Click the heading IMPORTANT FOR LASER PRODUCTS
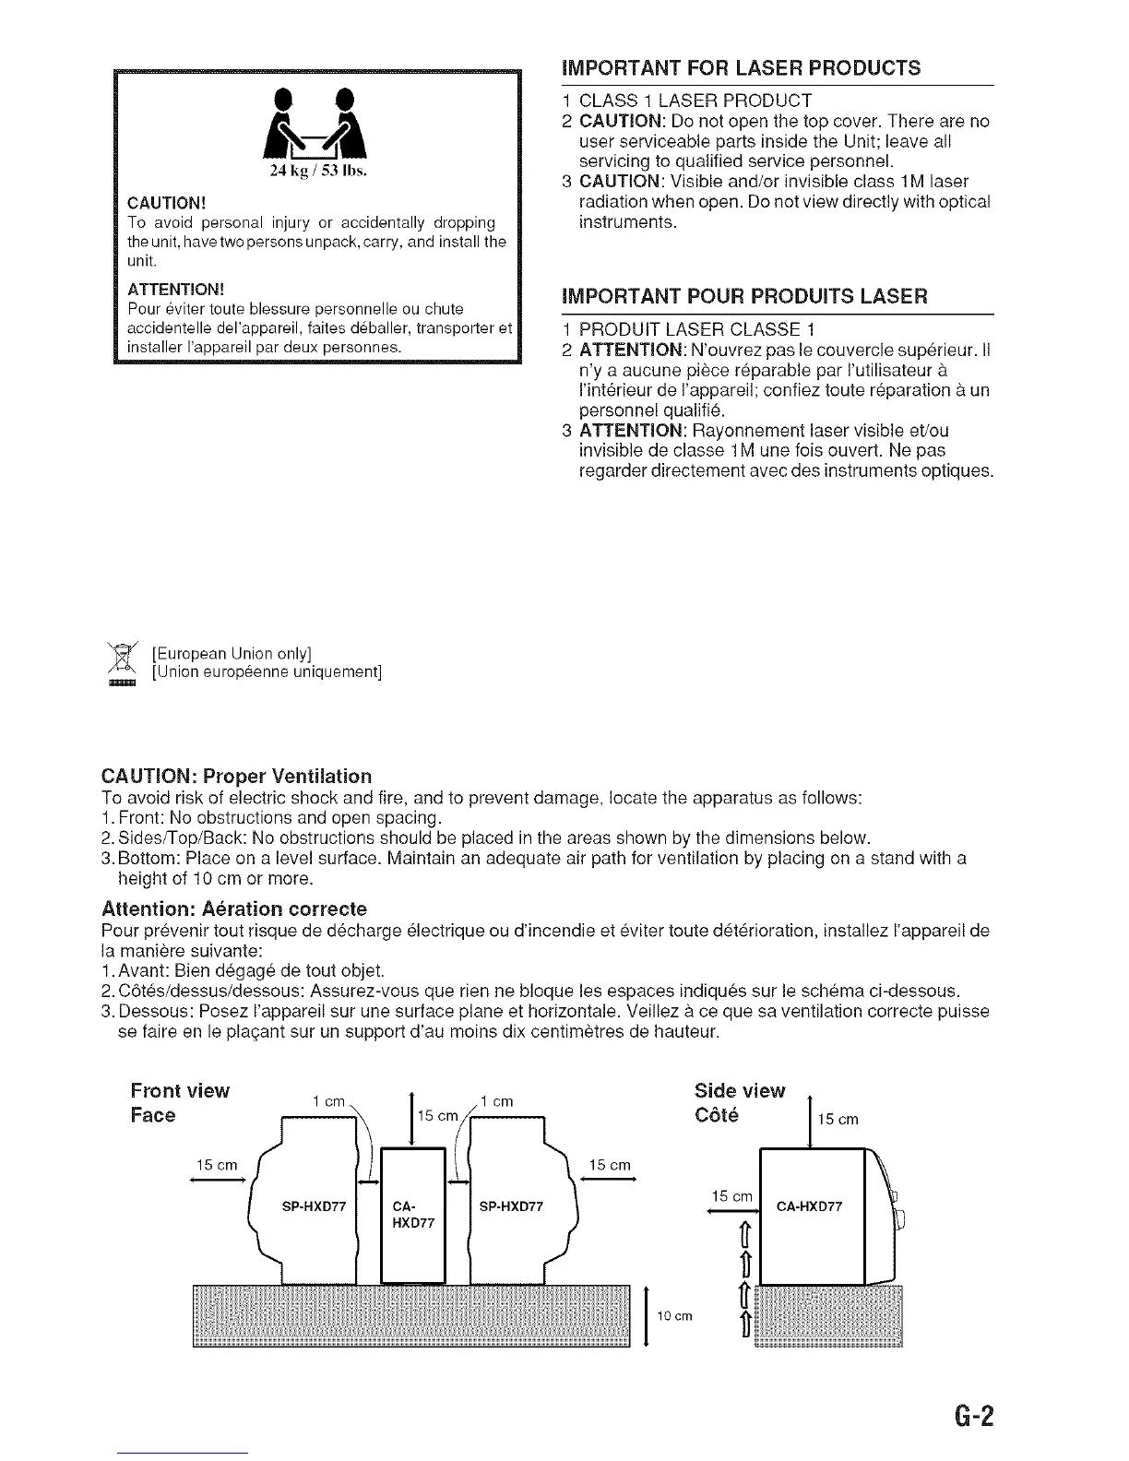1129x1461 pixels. tap(741, 67)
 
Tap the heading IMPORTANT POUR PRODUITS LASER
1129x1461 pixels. tap(744, 296)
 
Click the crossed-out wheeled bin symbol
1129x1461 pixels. tap(122, 661)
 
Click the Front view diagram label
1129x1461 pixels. tap(180, 1091)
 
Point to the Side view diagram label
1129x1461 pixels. tap(739, 1091)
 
